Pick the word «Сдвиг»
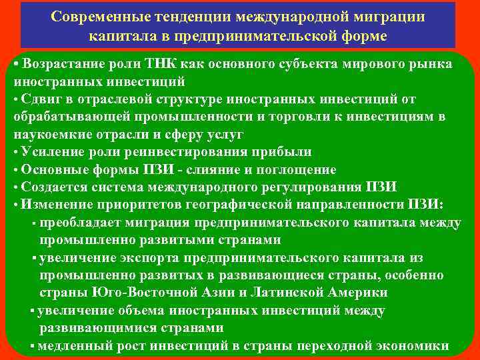40,99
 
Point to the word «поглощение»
302,169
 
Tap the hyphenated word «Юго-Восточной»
134,292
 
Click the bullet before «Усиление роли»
16,152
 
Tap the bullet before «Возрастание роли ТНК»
16,64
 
